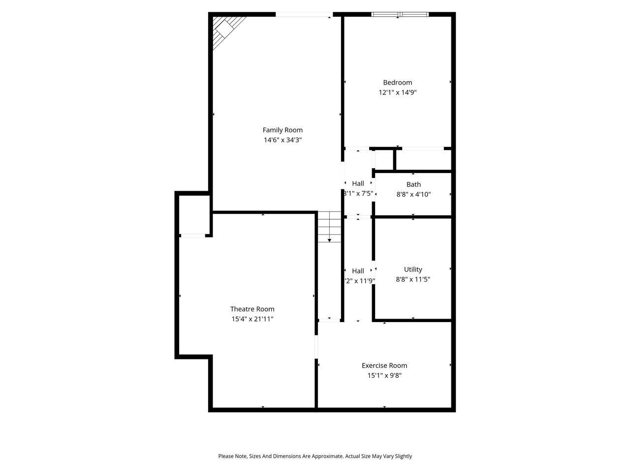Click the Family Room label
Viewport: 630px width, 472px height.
point(283,130)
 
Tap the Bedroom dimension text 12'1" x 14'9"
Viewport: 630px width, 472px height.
point(398,92)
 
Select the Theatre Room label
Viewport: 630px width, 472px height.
point(252,309)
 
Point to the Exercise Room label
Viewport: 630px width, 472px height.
point(384,365)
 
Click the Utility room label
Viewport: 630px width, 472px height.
point(413,269)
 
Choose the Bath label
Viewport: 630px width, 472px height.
point(413,184)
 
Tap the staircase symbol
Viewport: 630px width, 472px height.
point(329,227)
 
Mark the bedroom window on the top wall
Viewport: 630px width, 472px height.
point(400,14)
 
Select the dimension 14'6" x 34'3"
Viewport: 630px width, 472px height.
point(283,140)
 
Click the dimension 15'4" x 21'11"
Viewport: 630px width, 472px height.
point(252,319)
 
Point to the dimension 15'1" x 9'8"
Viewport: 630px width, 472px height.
point(384,376)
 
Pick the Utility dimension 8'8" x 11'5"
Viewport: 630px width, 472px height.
point(413,279)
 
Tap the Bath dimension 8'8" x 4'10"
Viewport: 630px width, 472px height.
point(413,194)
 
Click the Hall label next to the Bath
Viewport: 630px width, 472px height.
point(358,183)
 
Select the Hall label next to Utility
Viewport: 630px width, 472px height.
point(358,271)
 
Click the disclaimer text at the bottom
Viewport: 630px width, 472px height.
point(315,456)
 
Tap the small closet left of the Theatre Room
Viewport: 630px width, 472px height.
point(194,215)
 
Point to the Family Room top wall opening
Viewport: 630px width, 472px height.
point(304,14)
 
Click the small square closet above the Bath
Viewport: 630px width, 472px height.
point(384,159)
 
